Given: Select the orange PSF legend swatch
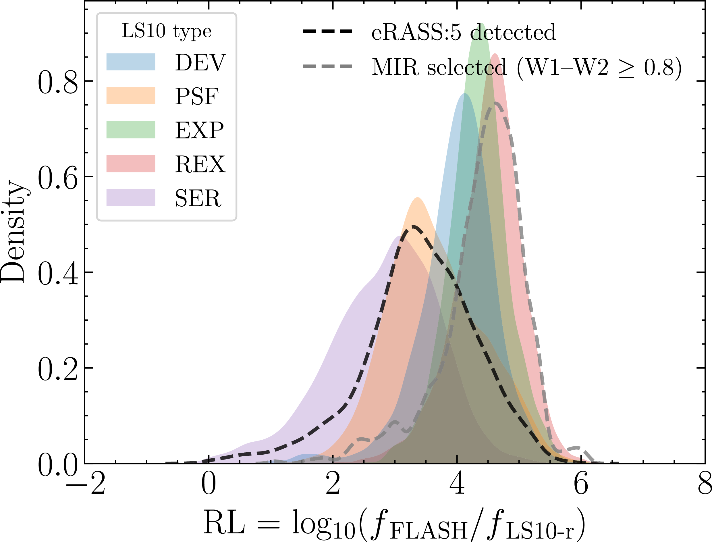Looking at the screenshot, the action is (x=131, y=95).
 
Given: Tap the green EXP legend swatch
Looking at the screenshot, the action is (x=131, y=130).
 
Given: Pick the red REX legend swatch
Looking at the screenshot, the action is (x=131, y=164).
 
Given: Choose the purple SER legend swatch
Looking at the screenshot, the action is (x=131, y=197).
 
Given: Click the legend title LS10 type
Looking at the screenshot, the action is (x=166, y=31).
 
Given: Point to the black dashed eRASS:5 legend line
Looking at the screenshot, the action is (x=327, y=32).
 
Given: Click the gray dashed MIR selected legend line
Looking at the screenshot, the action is (x=327, y=66).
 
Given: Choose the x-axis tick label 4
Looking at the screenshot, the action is (x=457, y=484).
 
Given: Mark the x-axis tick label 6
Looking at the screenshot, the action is (x=581, y=484).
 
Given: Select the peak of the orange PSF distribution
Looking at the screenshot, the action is (x=418, y=197).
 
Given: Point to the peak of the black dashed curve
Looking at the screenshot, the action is (x=412, y=227).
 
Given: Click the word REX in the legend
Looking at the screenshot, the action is (x=200, y=164).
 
